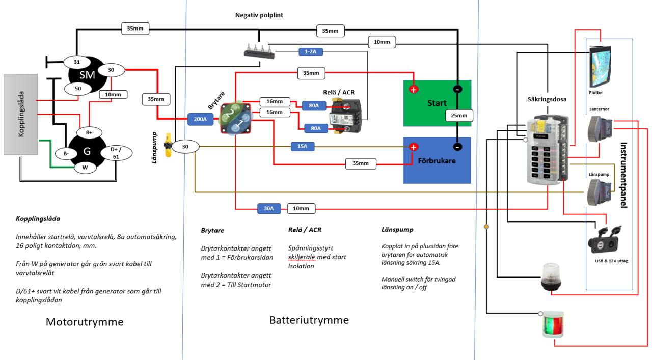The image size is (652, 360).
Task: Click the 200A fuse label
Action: point(200,119)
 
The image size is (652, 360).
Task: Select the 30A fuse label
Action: point(269,208)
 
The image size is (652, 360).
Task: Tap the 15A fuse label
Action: point(302,147)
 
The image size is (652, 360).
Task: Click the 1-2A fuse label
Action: point(310,51)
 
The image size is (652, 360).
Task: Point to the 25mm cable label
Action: point(458,116)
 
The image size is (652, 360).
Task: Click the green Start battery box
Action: point(437,103)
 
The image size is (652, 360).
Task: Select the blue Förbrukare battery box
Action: point(437,160)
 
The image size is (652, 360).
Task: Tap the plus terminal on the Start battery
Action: point(413,89)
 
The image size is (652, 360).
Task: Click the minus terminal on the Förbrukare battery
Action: point(457,147)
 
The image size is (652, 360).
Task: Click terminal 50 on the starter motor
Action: point(78,88)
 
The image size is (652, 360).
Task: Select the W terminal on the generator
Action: point(86,167)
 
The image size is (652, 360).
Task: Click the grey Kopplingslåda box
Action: point(20,114)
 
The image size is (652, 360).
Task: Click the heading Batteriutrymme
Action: point(309,320)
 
